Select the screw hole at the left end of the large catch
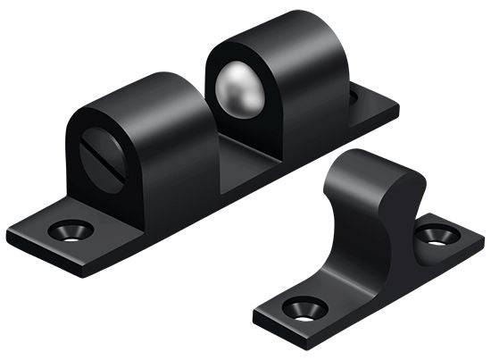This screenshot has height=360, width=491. (x=71, y=230)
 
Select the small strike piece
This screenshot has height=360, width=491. (x=370, y=250)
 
